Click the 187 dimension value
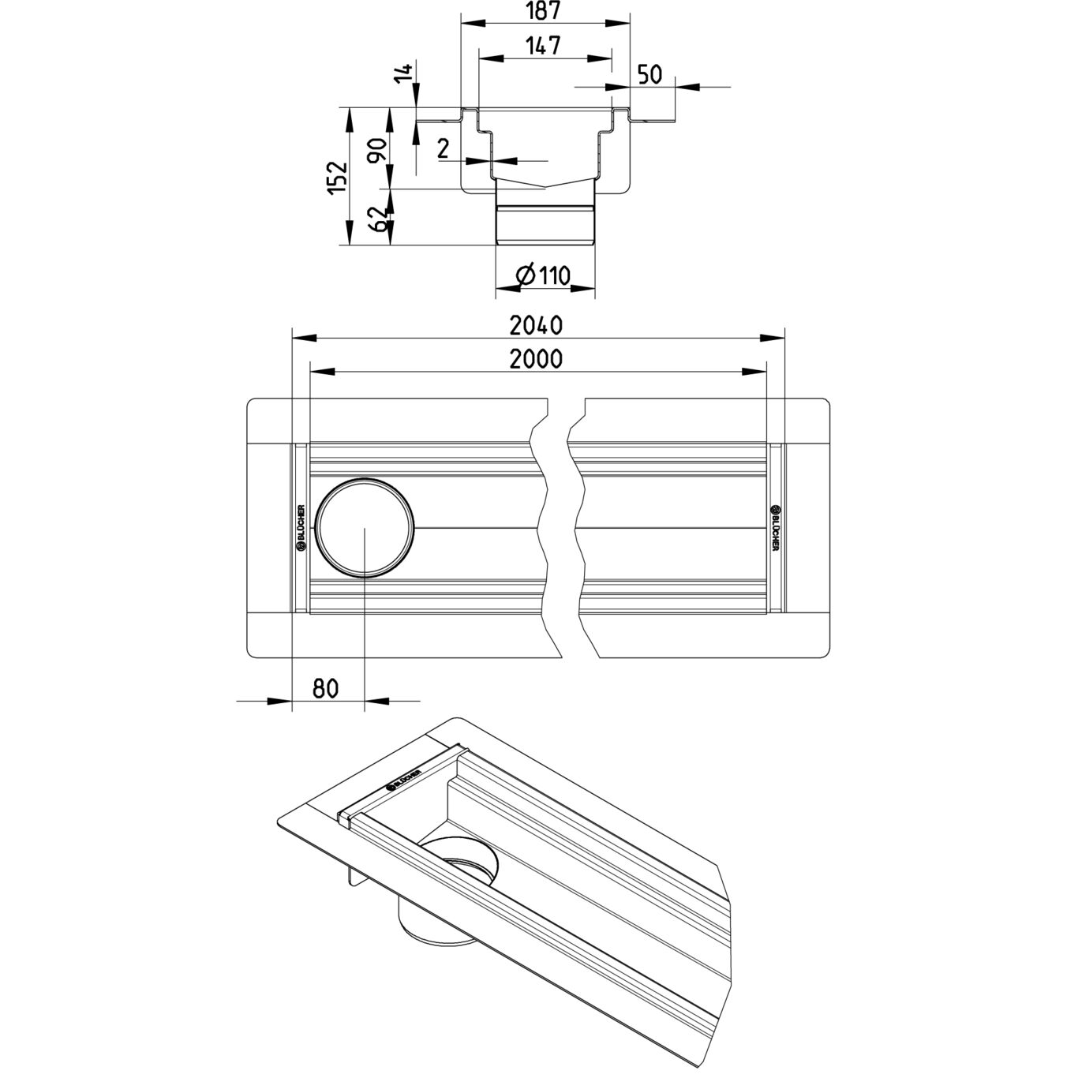click(x=545, y=11)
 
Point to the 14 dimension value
click(x=404, y=73)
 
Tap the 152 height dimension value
click(x=338, y=178)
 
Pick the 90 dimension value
click(x=376, y=148)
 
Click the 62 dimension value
click(x=376, y=217)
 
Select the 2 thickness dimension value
click(x=443, y=148)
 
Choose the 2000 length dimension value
click(x=536, y=359)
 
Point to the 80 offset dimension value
click(x=325, y=688)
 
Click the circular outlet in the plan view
click(x=364, y=528)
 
